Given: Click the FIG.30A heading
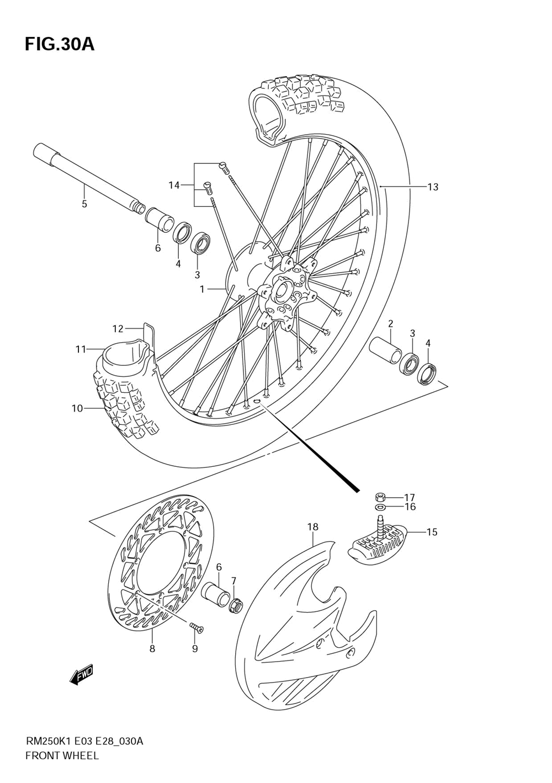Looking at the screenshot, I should pos(60,44).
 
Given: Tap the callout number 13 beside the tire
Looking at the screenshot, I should pos(433,187).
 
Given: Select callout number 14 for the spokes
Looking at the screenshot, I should pos(174,185).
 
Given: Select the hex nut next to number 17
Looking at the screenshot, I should pos(380,496).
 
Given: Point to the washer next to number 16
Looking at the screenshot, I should pos(380,507).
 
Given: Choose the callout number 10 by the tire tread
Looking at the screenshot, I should pos(77,408).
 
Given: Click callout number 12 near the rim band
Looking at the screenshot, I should pos(118,329).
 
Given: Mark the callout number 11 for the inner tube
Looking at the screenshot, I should pos(81,349).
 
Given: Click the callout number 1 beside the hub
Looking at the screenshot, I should pos(202,289).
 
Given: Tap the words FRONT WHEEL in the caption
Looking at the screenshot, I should pos(62,755).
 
